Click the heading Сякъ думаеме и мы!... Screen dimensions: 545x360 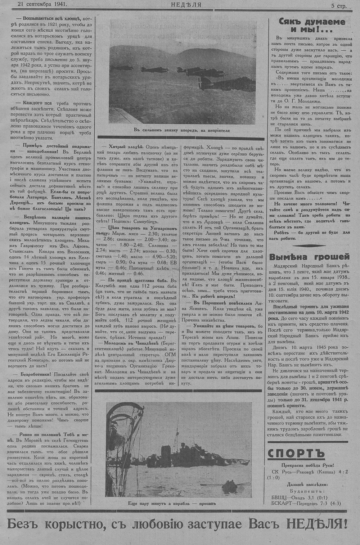tap(311, 25)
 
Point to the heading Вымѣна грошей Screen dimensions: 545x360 tap(310, 257)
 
